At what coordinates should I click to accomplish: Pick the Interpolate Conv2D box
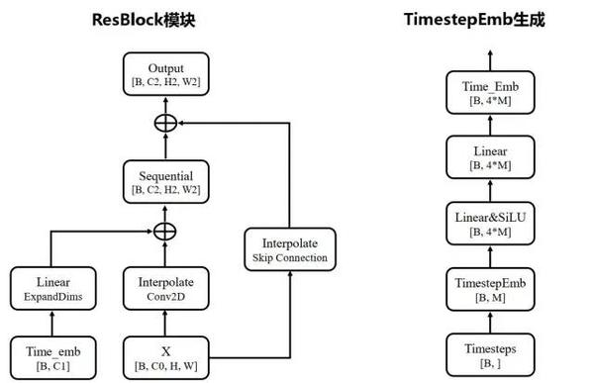click(166, 288)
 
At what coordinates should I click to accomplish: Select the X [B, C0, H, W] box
click(166, 355)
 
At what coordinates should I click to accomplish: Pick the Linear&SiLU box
click(486, 225)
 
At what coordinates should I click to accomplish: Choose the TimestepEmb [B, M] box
click(486, 289)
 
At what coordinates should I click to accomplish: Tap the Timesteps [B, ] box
click(486, 355)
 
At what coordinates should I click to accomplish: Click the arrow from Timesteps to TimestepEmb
click(486, 323)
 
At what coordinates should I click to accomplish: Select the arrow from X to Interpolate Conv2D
click(166, 322)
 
